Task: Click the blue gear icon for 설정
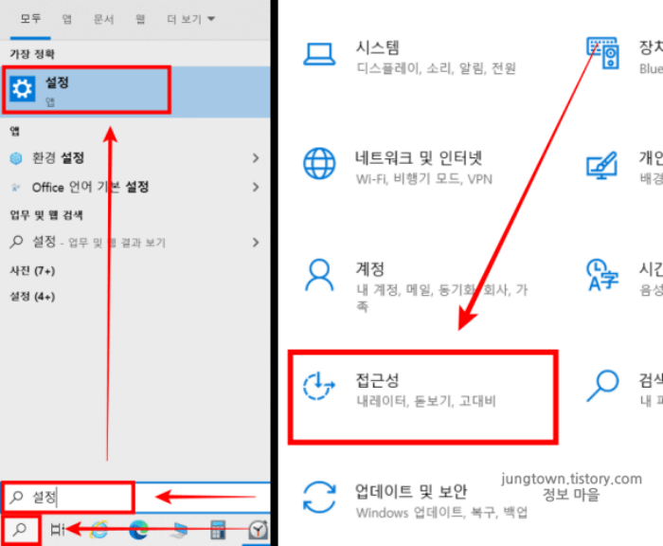pyautogui.click(x=22, y=89)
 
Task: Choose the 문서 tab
pyautogui.click(x=103, y=19)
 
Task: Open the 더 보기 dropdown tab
pyautogui.click(x=190, y=19)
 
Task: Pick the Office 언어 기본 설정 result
pyautogui.click(x=90, y=187)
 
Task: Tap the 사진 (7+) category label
pyautogui.click(x=32, y=271)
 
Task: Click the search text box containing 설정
pyautogui.click(x=68, y=496)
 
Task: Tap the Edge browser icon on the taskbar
pyautogui.click(x=139, y=530)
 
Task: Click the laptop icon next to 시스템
pyautogui.click(x=319, y=53)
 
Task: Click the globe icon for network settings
pyautogui.click(x=319, y=163)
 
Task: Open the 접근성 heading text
pyautogui.click(x=377, y=380)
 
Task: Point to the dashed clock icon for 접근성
pyautogui.click(x=319, y=387)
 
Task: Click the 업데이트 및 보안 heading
pyautogui.click(x=411, y=491)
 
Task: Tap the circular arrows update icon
pyautogui.click(x=319, y=497)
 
